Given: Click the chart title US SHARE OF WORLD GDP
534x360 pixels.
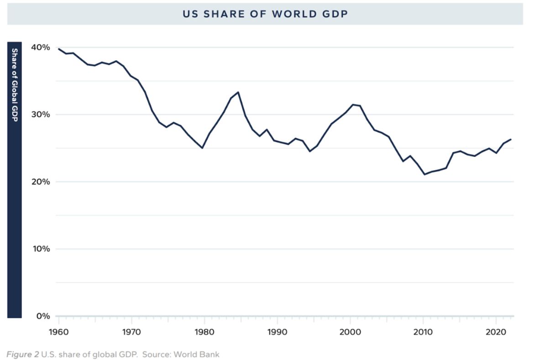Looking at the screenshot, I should pos(265,14).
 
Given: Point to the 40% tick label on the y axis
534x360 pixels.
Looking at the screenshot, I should pos(41,47).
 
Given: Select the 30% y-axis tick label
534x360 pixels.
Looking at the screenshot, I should pos(41,115).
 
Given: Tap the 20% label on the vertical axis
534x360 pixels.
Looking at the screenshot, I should pos(41,182).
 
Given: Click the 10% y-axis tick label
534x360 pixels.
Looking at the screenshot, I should pos(41,249).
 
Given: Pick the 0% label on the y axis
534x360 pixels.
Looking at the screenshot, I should pos(43,316).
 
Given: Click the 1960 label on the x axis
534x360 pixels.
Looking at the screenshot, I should pos(58,332).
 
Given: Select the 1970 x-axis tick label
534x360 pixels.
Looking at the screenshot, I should pos(131,332).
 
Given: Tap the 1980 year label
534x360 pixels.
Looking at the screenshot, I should pos(204,332).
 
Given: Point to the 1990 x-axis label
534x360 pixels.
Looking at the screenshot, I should pos(277,332).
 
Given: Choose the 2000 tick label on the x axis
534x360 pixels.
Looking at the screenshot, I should pos(350,332).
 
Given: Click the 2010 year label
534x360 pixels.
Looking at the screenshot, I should pos(423,332).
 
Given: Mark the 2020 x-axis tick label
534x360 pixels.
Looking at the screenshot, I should pos(496,332).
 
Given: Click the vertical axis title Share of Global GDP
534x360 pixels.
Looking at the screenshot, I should pos(15,85).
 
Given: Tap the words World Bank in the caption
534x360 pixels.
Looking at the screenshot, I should pos(202,354).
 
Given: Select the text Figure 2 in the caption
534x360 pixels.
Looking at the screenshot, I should pos(22,354).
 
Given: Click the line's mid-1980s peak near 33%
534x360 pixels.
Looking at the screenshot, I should pos(238,92).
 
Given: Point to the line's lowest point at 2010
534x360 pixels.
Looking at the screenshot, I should pos(424,174).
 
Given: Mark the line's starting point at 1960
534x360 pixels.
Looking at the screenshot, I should pos(58,49).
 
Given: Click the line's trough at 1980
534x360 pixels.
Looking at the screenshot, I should pos(202,148).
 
